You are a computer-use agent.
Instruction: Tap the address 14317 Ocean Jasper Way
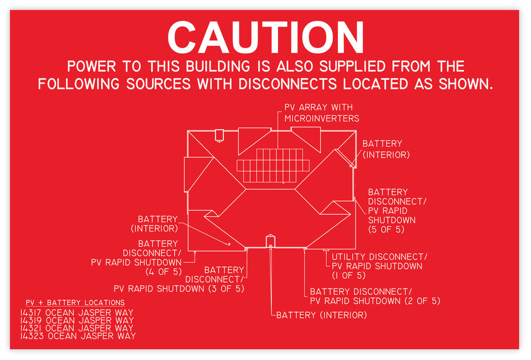tap(76, 312)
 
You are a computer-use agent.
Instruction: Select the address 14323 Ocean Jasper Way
tap(77, 336)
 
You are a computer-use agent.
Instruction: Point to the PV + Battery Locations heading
tap(75, 303)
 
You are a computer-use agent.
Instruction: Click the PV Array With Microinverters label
tap(321, 113)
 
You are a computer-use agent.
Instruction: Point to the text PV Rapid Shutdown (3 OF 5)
tap(179, 289)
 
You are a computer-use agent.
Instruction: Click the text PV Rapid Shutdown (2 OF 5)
tap(375, 300)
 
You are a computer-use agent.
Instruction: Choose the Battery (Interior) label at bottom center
tap(321, 315)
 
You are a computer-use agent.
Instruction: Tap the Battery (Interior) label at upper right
tap(383, 149)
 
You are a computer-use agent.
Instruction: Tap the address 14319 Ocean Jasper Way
tap(76, 320)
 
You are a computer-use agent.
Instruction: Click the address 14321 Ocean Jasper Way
tap(76, 328)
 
